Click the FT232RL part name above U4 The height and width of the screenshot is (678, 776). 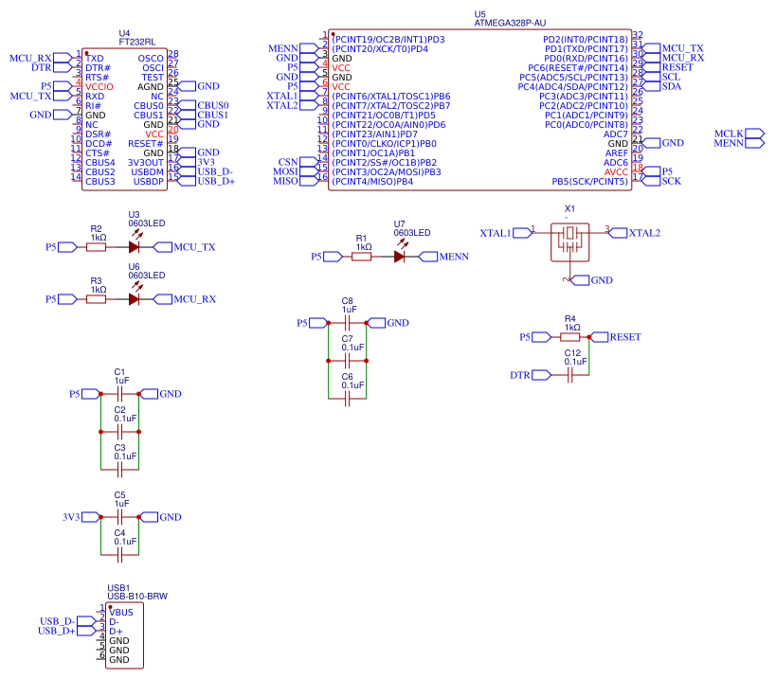pos(138,43)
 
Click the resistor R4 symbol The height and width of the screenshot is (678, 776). pos(570,336)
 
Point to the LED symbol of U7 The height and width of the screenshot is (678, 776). pos(400,256)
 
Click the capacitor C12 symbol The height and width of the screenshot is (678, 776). pos(571,375)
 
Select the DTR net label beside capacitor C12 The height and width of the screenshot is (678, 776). pos(520,375)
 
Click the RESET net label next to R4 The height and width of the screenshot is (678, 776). pos(624,336)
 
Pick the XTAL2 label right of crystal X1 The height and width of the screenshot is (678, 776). pos(644,232)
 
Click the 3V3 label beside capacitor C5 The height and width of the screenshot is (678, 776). pos(71,517)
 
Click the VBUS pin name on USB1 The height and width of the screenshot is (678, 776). pos(121,612)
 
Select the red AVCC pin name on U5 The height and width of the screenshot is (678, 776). pos(615,171)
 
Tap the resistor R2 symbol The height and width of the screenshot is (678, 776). pos(96,247)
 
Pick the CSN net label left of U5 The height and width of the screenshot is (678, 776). pos(288,162)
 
